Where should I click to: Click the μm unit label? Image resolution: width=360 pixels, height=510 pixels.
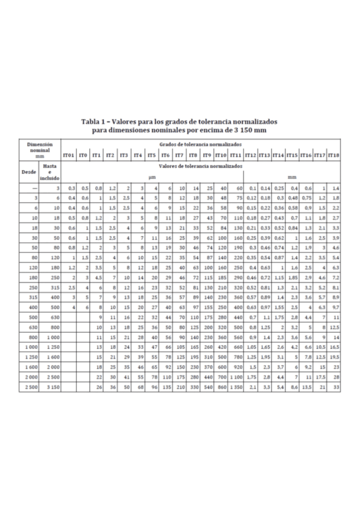[153, 177]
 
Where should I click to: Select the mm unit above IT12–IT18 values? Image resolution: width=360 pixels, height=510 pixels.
[292, 177]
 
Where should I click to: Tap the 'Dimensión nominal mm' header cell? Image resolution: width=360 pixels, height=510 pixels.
[39, 150]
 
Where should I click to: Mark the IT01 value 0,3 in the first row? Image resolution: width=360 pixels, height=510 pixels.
[72, 188]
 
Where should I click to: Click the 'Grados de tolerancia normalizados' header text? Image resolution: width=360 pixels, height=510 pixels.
[201, 145]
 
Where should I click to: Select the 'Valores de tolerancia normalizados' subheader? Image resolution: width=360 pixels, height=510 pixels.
[201, 165]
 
